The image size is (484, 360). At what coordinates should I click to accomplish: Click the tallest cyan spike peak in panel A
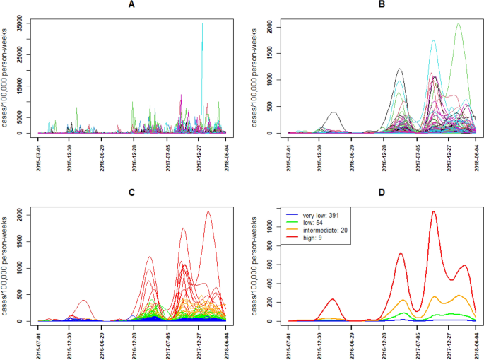pyautogui.click(x=202, y=23)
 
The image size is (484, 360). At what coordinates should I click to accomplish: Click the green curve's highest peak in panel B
pyautogui.click(x=458, y=23)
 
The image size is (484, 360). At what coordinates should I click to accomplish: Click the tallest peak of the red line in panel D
pyautogui.click(x=434, y=211)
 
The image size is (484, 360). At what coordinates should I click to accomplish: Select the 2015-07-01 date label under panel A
pyautogui.click(x=39, y=156)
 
